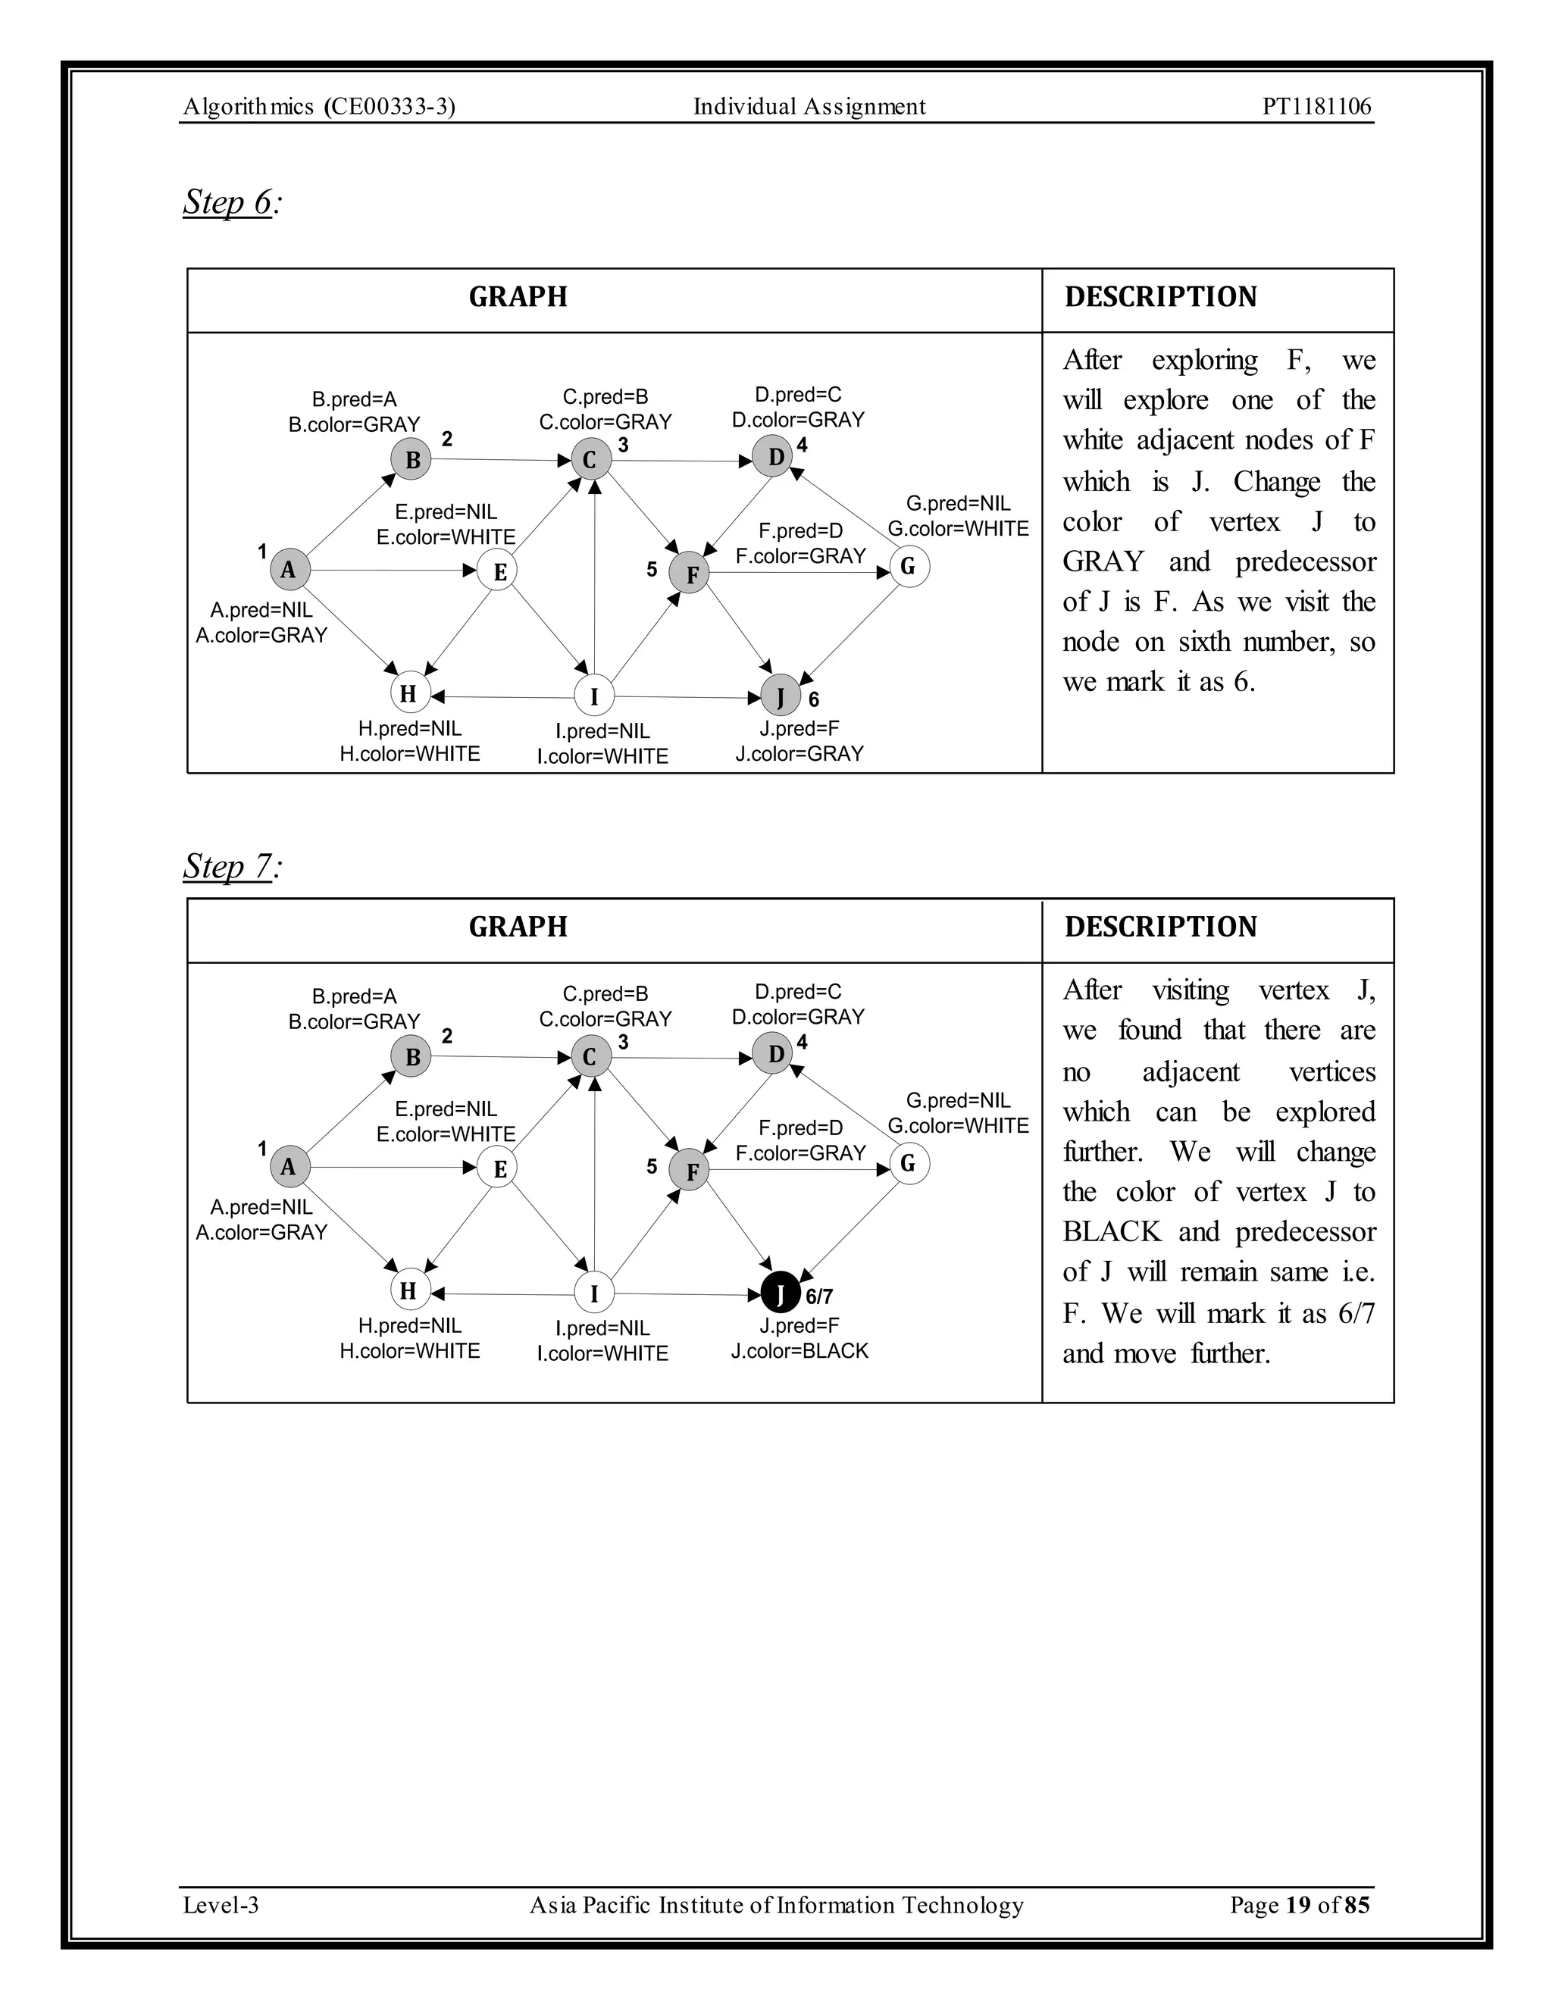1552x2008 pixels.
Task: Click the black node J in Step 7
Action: pos(780,1293)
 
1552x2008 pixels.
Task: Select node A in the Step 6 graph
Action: pos(289,569)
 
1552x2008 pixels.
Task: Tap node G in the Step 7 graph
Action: pos(909,1164)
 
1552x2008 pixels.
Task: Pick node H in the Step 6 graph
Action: pos(409,693)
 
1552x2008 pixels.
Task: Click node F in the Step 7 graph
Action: pos(690,1171)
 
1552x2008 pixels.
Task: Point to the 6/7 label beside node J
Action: pos(819,1296)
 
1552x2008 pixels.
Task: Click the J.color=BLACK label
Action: pos(799,1350)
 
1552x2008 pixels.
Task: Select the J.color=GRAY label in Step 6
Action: pos(799,754)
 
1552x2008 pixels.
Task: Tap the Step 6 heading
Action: pos(229,202)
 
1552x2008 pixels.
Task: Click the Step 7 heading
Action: pos(229,866)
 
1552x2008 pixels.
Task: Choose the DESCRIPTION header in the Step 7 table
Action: pos(1160,927)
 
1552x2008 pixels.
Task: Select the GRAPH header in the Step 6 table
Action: pos(518,297)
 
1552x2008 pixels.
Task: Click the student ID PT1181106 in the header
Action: pos(1316,107)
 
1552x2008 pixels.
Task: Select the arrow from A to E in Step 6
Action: pos(396,570)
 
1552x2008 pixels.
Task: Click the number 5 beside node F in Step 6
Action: pos(652,570)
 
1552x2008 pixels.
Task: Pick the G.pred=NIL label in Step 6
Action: pos(958,504)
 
